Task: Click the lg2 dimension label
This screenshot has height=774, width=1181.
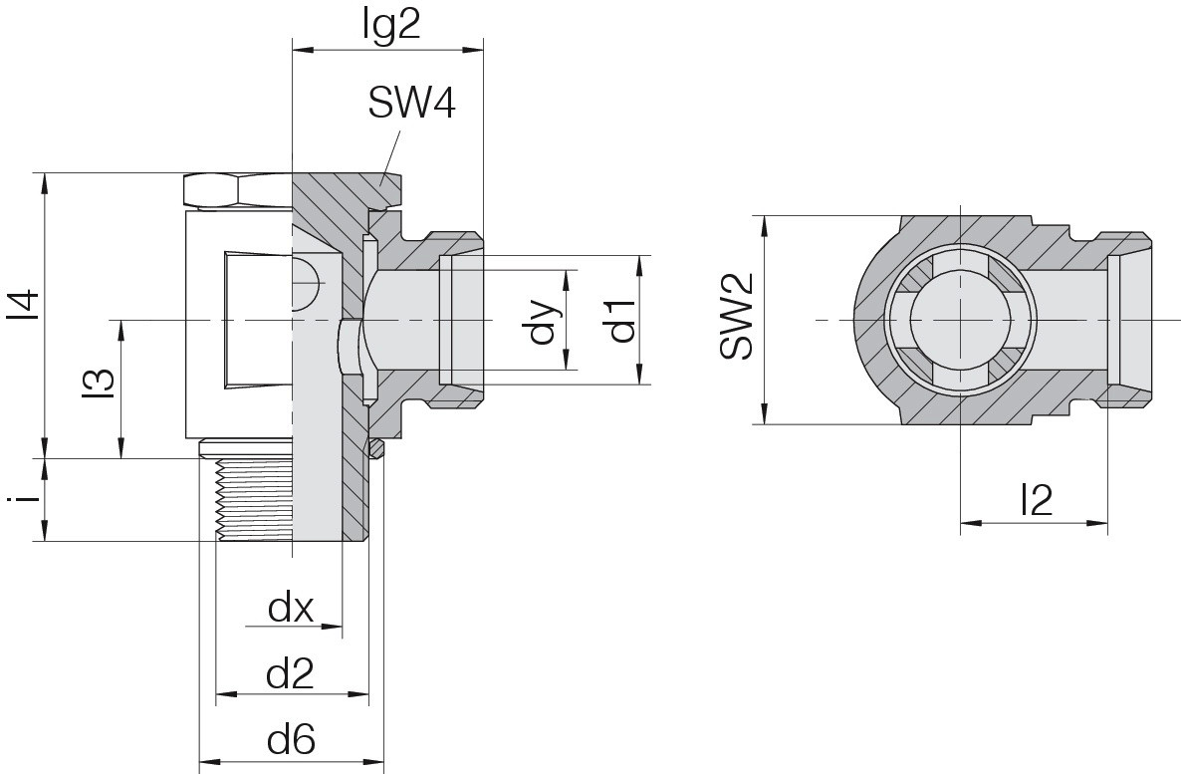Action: [x=390, y=27]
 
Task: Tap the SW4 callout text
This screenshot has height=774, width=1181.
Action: [x=412, y=104]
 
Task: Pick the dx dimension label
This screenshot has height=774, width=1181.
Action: [x=291, y=608]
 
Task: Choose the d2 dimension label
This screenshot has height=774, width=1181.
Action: [x=290, y=673]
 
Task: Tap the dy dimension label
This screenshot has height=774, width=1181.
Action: [x=546, y=321]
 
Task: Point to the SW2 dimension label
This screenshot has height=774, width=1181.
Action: [x=736, y=317]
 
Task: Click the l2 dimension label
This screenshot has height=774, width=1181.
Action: [x=1036, y=499]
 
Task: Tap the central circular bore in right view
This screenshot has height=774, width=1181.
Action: [x=961, y=320]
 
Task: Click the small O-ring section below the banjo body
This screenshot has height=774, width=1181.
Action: [x=375, y=448]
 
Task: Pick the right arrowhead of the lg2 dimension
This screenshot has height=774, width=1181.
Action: [x=472, y=51]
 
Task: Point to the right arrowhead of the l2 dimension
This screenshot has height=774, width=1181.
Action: [x=1098, y=522]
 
